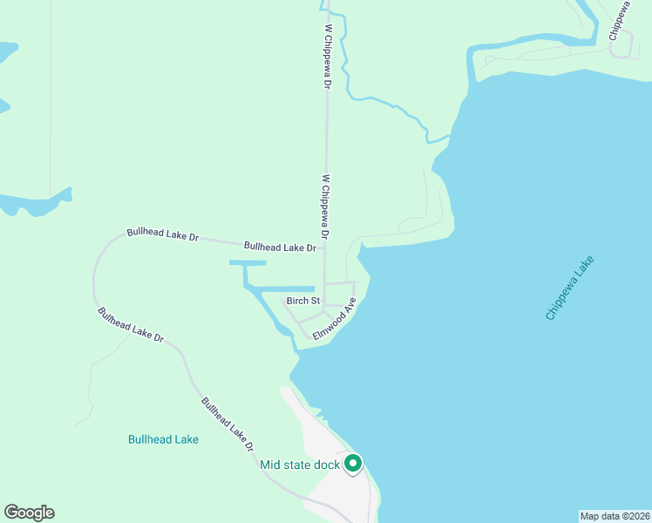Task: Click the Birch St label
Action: [x=303, y=301]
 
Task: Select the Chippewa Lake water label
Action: [x=570, y=288]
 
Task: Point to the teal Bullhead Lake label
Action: [x=163, y=439]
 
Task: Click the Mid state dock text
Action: [x=299, y=465]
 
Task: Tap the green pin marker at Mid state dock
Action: [x=353, y=464]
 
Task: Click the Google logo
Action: [x=29, y=513]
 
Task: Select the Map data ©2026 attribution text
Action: [x=615, y=516]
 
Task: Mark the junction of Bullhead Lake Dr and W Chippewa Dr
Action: [x=326, y=248]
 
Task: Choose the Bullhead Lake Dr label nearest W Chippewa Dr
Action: [x=279, y=248]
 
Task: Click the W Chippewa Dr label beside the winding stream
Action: [x=328, y=57]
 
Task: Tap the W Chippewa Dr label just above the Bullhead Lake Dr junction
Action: [x=325, y=207]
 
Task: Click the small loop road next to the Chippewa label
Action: [x=622, y=48]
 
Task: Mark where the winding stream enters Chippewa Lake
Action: [x=450, y=137]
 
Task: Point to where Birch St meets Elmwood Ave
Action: [x=323, y=311]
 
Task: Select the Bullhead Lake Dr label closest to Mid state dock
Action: [x=228, y=425]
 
